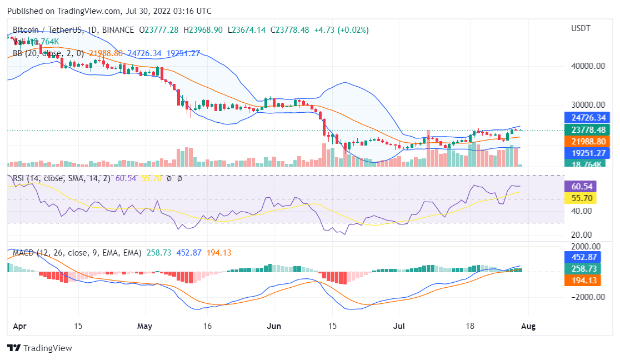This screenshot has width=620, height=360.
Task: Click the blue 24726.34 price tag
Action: pyautogui.click(x=588, y=118)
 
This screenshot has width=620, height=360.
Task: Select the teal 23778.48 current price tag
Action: pyautogui.click(x=588, y=130)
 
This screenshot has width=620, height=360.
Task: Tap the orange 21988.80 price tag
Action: pyautogui.click(x=588, y=142)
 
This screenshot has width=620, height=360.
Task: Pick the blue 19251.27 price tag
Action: pyautogui.click(x=588, y=153)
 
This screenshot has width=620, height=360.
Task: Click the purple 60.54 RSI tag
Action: pyautogui.click(x=579, y=186)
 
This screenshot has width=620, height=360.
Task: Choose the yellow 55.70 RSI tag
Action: pyautogui.click(x=579, y=198)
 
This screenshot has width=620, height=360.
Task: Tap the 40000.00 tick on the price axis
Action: pyautogui.click(x=588, y=66)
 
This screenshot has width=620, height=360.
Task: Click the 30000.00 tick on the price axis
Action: pyautogui.click(x=588, y=105)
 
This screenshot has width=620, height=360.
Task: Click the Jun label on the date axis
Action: pyautogui.click(x=273, y=326)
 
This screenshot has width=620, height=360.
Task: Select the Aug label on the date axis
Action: pyautogui.click(x=528, y=326)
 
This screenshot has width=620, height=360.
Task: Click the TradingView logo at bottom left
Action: pyautogui.click(x=39, y=348)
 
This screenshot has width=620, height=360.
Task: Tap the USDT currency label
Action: pyautogui.click(x=581, y=28)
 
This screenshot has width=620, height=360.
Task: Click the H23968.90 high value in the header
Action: pyautogui.click(x=203, y=30)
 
